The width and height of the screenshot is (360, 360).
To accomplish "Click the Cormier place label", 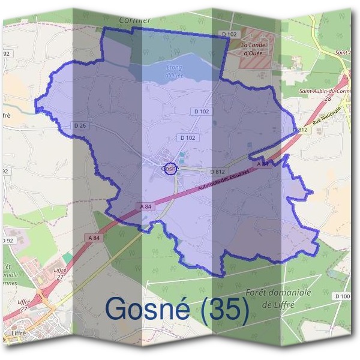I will [x=134, y=20].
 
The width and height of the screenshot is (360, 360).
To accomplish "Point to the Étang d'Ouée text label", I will [x=173, y=71].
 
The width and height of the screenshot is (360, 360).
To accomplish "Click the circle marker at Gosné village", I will [x=170, y=169].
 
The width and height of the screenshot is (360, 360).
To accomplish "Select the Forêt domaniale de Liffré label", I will [x=278, y=298].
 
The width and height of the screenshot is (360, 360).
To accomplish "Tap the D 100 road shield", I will [x=343, y=296].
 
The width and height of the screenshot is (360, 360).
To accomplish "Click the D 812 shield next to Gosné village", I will [x=217, y=172].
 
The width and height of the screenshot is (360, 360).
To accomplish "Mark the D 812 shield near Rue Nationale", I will [x=301, y=130].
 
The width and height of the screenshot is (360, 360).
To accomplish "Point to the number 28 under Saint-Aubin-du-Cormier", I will [x=328, y=98].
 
